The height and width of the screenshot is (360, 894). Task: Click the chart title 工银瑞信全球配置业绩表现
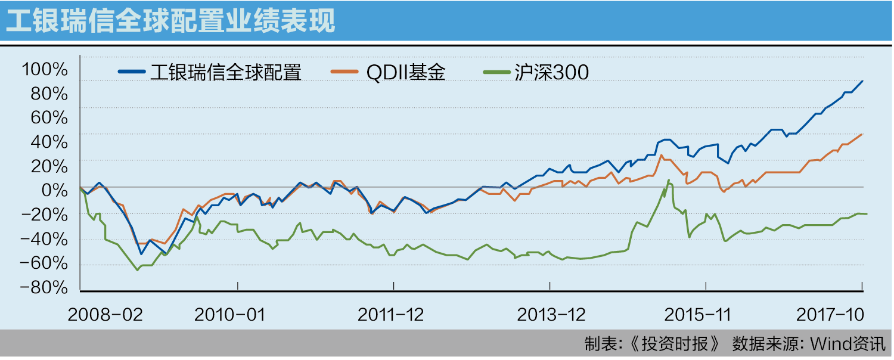coord(170,21)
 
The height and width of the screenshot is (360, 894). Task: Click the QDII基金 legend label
coord(405,72)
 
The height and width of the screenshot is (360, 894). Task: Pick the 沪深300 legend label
coord(551,72)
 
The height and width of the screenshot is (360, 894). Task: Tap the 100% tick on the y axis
coord(45,70)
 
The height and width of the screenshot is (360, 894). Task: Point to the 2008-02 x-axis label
coord(105,315)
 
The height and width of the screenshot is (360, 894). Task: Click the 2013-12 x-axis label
coord(551,315)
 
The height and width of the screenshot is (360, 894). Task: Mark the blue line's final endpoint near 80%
coord(862,81)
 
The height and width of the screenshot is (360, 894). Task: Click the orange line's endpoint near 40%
coord(862,134)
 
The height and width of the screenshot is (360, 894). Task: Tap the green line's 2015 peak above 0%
coord(669,180)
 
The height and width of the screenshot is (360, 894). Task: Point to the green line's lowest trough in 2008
coord(137,270)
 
